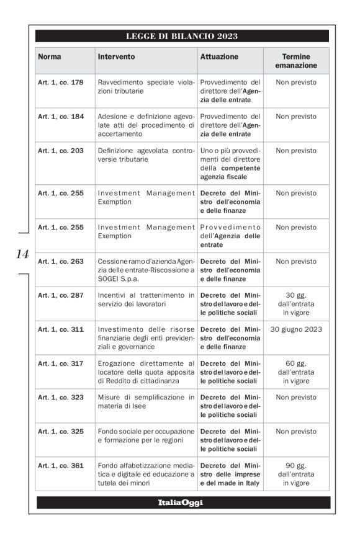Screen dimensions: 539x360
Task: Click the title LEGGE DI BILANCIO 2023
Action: (182, 36)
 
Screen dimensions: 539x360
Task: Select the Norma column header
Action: (50, 56)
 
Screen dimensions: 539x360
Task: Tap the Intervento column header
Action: (116, 56)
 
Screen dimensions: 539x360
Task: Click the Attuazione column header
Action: (219, 56)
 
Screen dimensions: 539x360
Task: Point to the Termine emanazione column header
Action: (295, 61)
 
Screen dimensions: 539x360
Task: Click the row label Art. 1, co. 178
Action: (61, 82)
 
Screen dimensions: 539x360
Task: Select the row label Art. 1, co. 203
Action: (61, 150)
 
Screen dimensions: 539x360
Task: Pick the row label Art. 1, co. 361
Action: (61, 466)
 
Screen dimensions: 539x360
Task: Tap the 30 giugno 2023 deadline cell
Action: (295, 329)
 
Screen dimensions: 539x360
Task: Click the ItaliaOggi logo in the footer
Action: (181, 502)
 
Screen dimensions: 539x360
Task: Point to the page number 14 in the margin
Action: (22, 254)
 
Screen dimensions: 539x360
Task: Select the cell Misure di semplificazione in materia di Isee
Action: (146, 401)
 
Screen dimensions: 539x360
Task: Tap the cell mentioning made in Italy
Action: (230, 474)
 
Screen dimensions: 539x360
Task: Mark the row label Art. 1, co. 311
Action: (61, 329)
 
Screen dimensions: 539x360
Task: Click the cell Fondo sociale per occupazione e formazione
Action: (146, 435)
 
